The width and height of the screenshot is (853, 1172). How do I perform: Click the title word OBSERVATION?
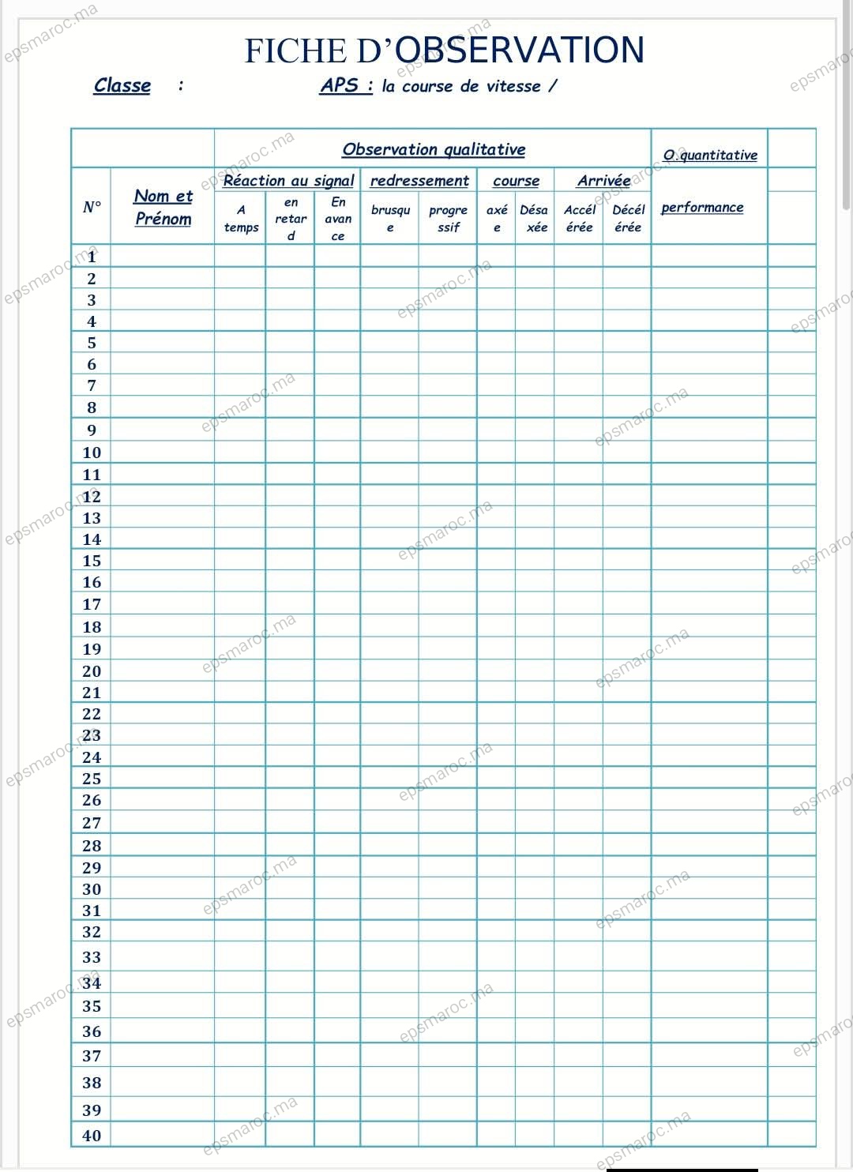click(x=519, y=50)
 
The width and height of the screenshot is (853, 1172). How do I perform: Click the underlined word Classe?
click(x=122, y=85)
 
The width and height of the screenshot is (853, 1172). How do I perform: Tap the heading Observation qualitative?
click(x=434, y=149)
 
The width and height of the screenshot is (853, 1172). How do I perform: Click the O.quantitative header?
click(x=710, y=155)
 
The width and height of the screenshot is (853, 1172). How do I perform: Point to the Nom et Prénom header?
click(x=163, y=207)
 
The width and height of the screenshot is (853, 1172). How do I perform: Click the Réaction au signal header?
click(x=288, y=180)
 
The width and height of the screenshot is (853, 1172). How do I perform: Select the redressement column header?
click(x=419, y=180)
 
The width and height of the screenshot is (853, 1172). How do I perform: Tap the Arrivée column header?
click(x=603, y=180)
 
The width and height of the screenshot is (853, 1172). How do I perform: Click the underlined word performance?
click(x=702, y=207)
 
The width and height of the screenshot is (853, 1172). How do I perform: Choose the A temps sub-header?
click(x=241, y=219)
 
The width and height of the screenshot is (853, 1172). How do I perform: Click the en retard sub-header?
click(x=291, y=219)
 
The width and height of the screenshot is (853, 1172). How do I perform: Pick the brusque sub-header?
click(x=390, y=219)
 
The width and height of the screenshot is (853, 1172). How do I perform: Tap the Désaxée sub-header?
click(x=535, y=219)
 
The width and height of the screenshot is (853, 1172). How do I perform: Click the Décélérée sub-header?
click(x=628, y=219)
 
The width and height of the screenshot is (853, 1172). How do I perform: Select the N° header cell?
click(x=92, y=207)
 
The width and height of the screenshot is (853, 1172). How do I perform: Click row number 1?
click(x=92, y=257)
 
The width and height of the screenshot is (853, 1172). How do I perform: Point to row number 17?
click(x=92, y=604)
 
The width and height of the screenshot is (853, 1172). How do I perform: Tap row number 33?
click(x=92, y=957)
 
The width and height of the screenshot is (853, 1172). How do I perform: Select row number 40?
click(x=92, y=1136)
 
